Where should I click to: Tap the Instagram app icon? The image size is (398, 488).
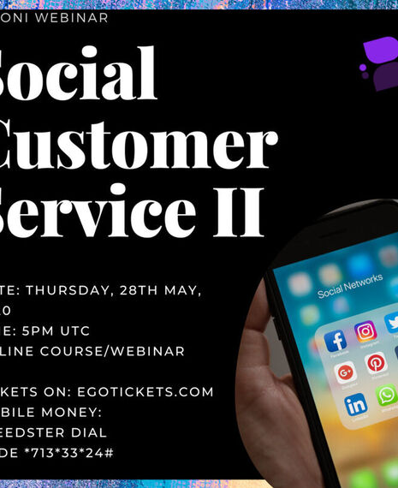(x=365, y=332)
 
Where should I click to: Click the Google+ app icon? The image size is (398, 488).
(x=346, y=372)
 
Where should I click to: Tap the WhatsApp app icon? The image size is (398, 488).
(x=387, y=395)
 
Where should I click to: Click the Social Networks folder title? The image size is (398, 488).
(x=348, y=293)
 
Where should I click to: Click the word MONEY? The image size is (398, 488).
(x=69, y=412)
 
